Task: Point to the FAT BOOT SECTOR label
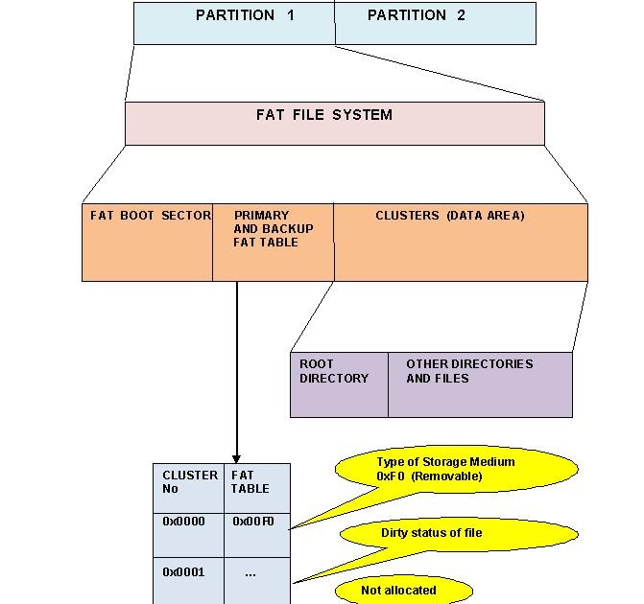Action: tap(150, 216)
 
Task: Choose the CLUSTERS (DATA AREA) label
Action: tap(450, 216)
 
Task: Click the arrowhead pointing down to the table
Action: tap(236, 458)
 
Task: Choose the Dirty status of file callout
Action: tap(432, 533)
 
